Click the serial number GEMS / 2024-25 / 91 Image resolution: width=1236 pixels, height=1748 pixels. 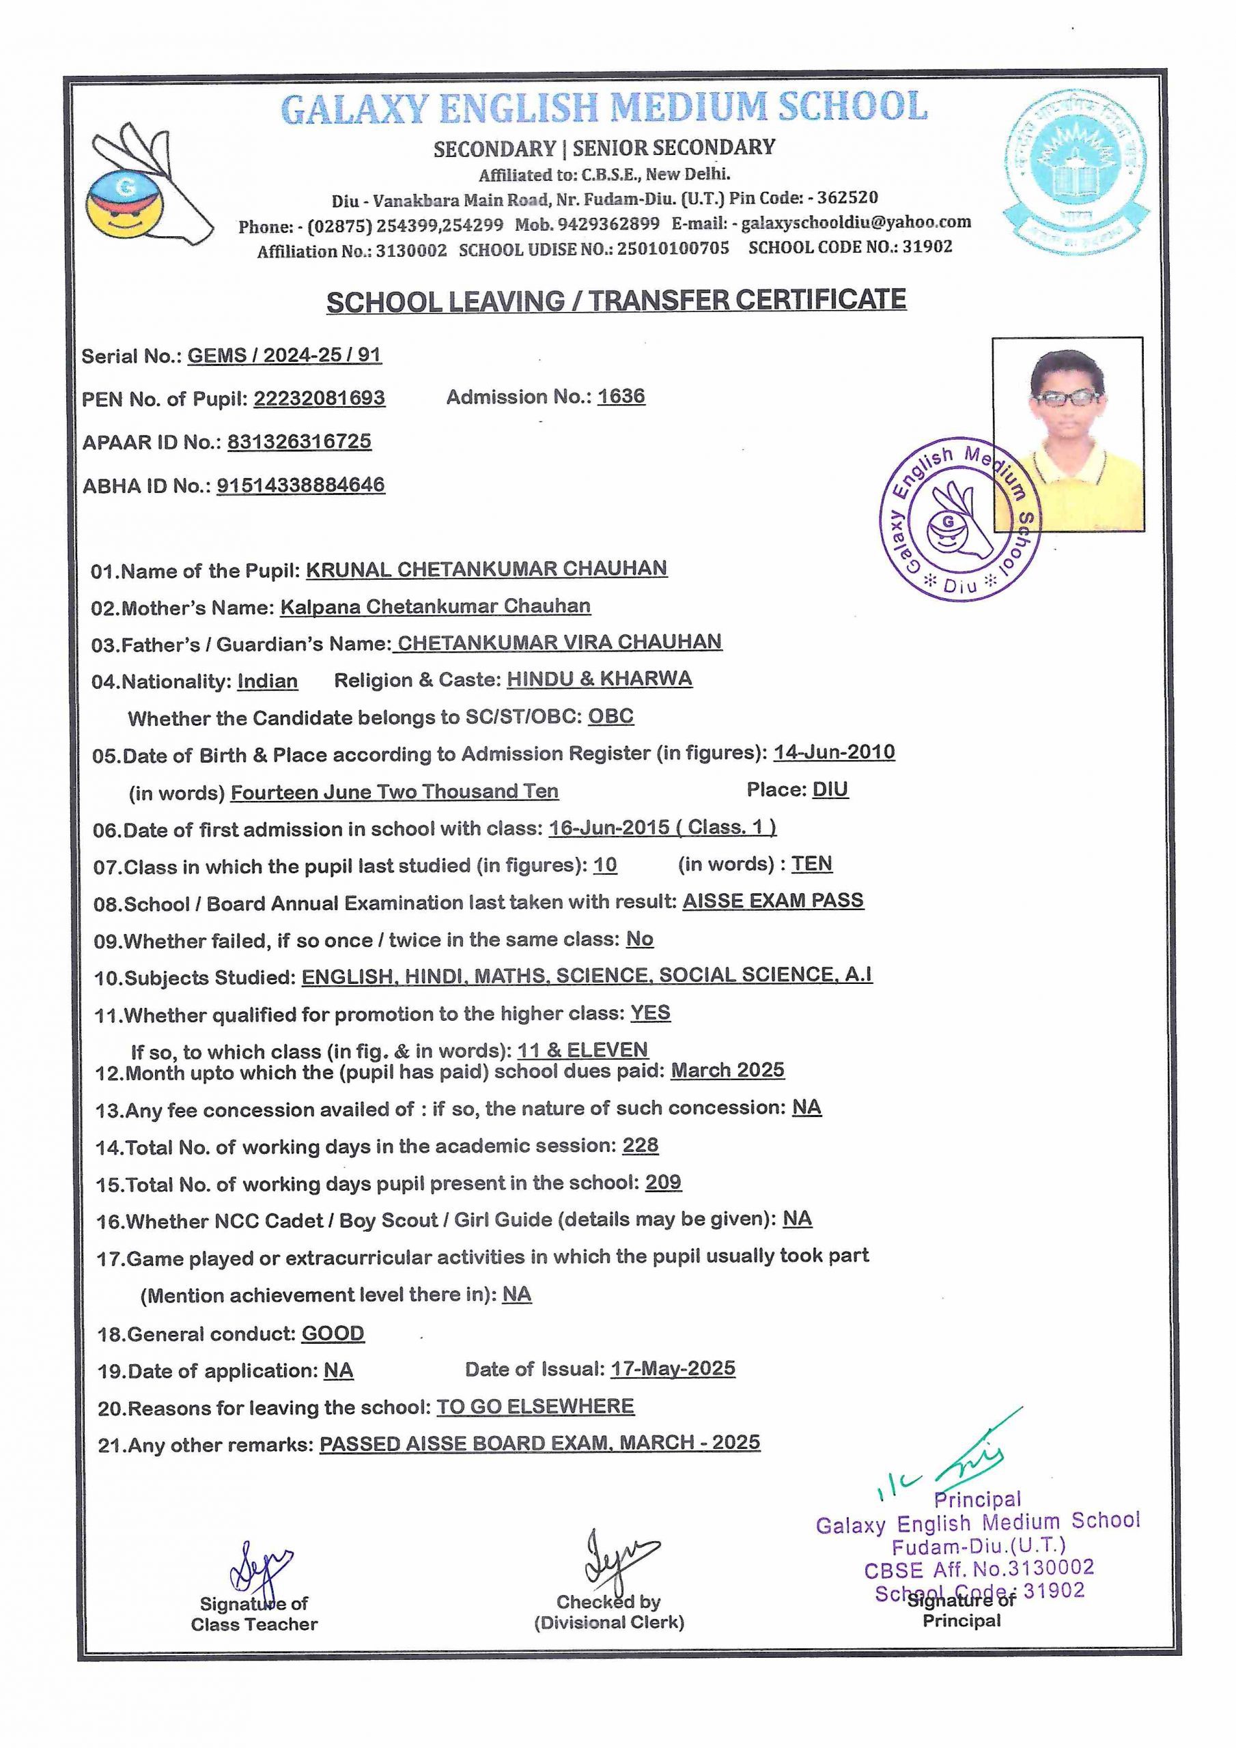tap(284, 356)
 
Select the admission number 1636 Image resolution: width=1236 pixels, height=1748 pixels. tap(621, 397)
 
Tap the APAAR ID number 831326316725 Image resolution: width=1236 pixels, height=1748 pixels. tap(299, 442)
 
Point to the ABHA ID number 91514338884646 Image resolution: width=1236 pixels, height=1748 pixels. tap(301, 485)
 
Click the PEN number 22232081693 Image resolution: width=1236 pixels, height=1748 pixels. tap(319, 398)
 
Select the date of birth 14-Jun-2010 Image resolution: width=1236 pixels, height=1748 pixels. tap(834, 752)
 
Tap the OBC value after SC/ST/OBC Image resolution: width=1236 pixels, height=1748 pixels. tap(610, 716)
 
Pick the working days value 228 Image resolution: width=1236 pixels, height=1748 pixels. tap(640, 1145)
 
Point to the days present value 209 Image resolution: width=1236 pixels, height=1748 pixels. tap(663, 1183)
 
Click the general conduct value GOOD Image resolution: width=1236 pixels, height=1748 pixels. tap(333, 1333)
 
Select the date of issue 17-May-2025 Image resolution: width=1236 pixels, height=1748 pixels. tap(673, 1368)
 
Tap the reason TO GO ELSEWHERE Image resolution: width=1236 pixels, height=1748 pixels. tap(535, 1405)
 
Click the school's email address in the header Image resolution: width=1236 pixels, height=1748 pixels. tap(856, 223)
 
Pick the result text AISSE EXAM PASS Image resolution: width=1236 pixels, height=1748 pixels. tap(772, 901)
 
